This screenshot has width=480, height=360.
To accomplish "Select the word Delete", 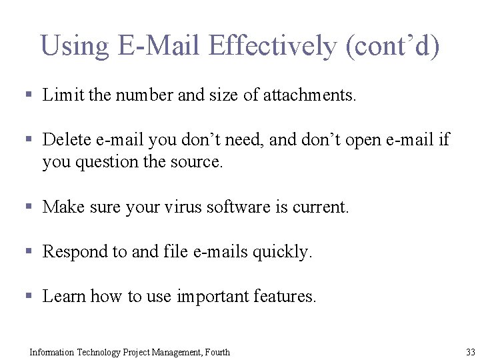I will (x=67, y=140).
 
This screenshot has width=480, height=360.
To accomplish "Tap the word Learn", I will (x=64, y=297).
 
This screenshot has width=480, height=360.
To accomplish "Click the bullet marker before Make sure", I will (x=28, y=207).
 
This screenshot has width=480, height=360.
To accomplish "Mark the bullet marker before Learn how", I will (x=28, y=297).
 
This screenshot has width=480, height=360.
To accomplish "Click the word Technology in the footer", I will (x=98, y=352).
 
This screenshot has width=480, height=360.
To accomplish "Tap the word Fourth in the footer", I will (x=215, y=352).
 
